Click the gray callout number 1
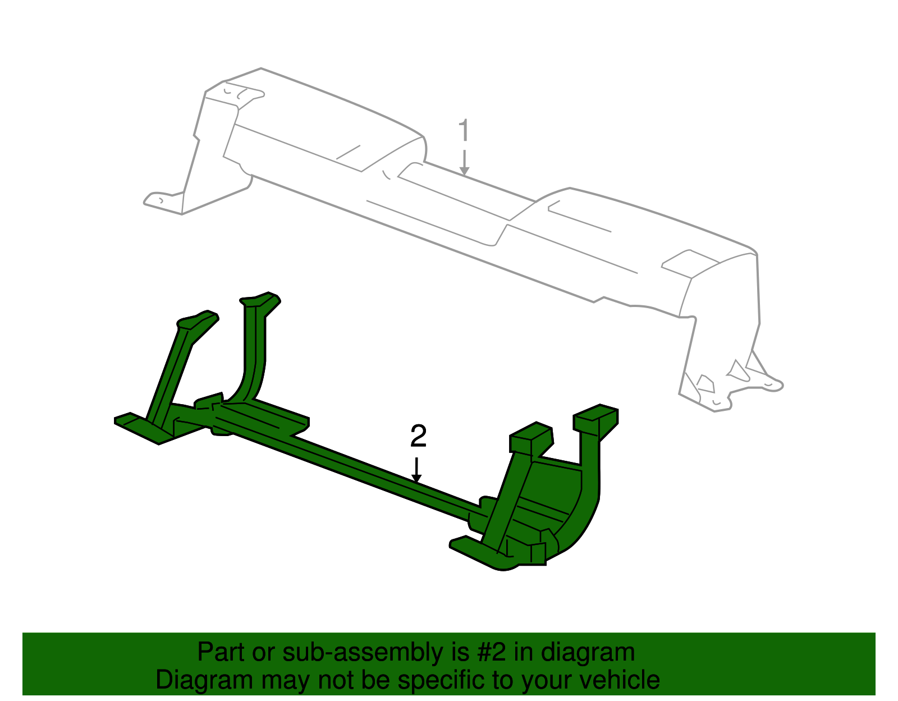tap(464, 131)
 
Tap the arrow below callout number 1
tap(464, 163)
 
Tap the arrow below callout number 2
tap(416, 470)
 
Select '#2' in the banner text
tap(492, 653)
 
